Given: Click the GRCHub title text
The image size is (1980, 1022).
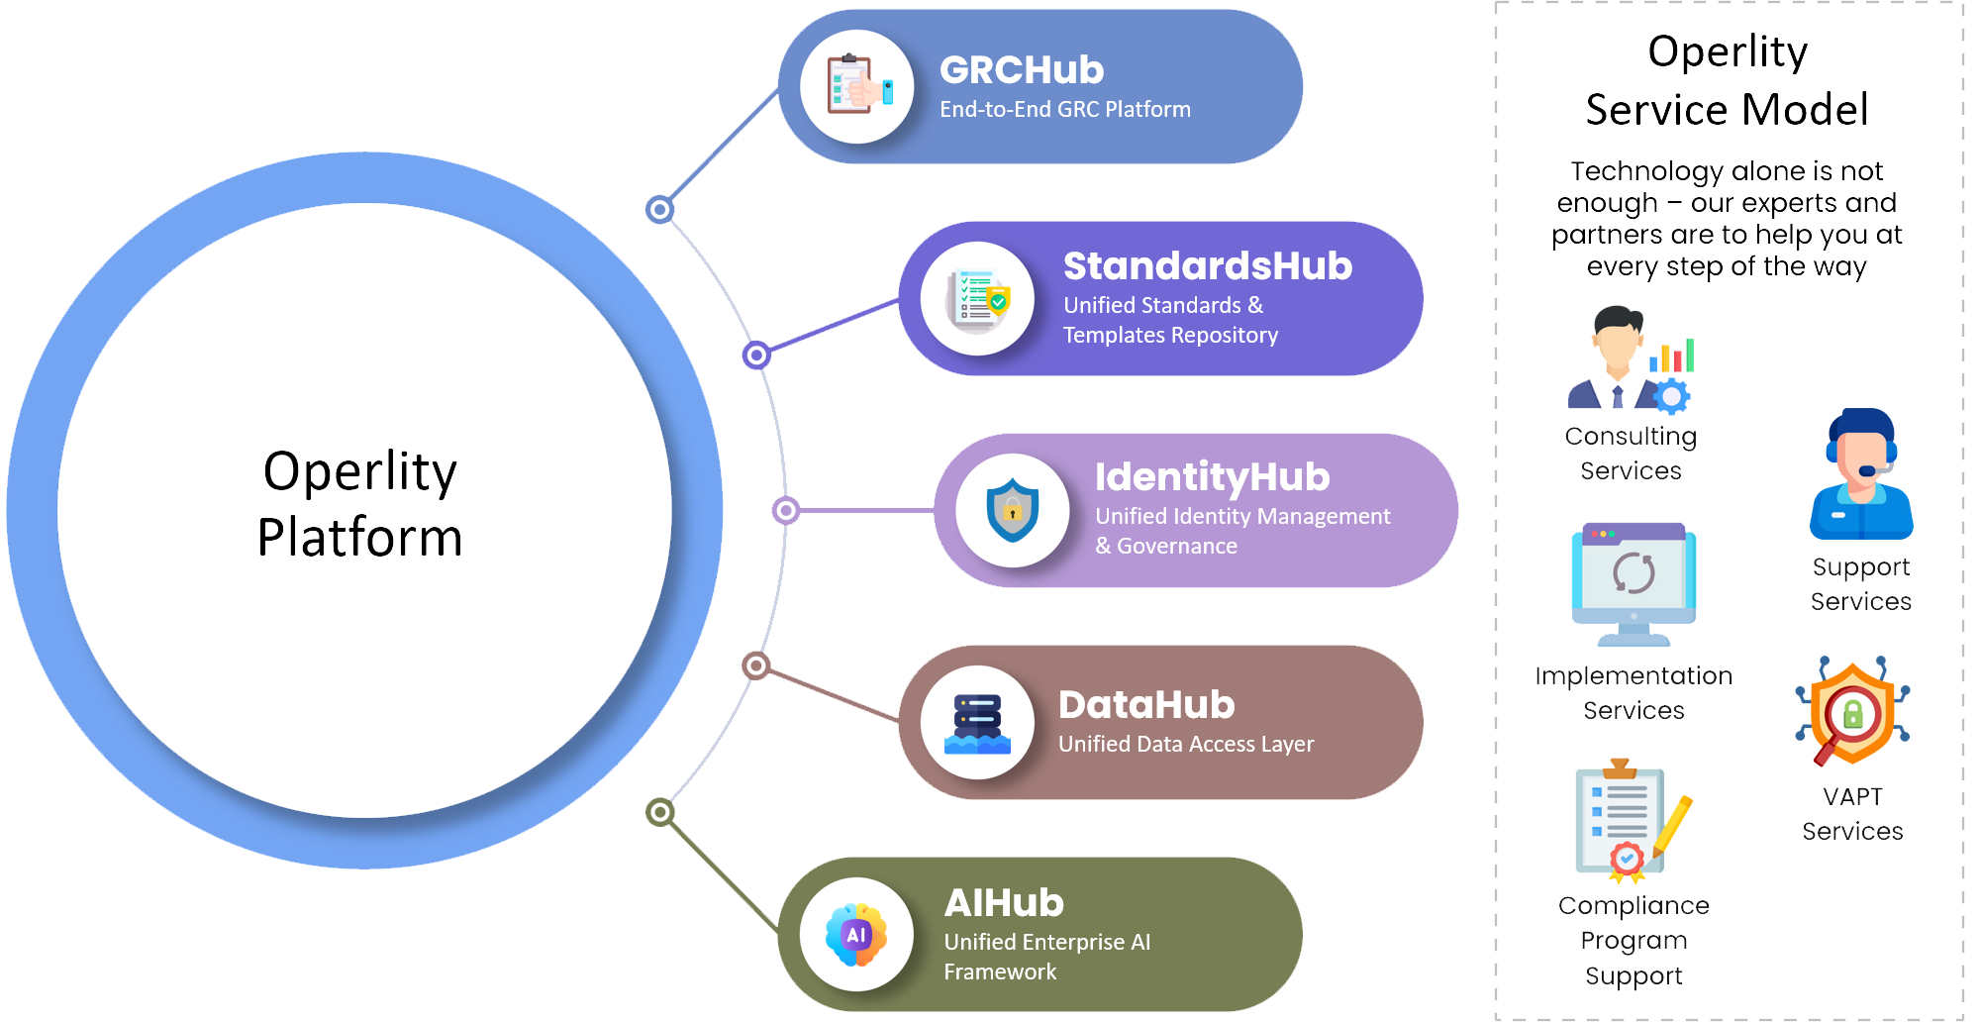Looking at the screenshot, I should [1021, 70].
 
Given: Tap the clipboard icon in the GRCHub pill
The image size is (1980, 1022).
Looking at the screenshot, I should [857, 86].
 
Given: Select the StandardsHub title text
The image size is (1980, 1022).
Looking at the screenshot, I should [1207, 266].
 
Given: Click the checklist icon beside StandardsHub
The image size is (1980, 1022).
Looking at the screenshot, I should [978, 298].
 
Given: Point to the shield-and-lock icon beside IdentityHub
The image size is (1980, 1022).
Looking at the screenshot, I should [1012, 511].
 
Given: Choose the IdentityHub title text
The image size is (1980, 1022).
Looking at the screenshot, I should [1212, 477].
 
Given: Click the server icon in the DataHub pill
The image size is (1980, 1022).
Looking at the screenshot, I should [977, 723].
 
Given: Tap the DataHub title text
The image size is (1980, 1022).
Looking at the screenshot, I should [1146, 705].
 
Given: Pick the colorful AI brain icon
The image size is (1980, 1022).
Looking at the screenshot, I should [856, 934].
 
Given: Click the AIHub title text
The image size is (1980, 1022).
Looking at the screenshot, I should [1004, 903].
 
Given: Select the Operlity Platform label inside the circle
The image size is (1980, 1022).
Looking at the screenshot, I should [360, 504].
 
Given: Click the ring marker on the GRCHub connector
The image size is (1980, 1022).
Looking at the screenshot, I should [659, 209].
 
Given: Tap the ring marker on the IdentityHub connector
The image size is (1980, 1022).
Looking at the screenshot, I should [786, 510].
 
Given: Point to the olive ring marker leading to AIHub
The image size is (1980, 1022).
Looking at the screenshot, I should [660, 813].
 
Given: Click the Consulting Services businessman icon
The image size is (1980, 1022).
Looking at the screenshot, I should [1629, 359].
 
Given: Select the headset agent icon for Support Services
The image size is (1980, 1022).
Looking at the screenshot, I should [1860, 474].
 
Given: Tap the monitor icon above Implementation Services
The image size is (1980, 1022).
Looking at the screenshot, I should [1633, 583].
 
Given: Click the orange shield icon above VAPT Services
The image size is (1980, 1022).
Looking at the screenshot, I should [1852, 712].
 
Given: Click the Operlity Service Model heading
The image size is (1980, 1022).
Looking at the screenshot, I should [1727, 80].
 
